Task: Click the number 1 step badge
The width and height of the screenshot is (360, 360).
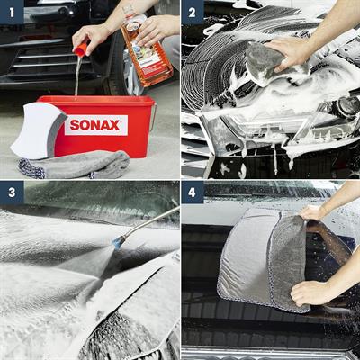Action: (x=12, y=12)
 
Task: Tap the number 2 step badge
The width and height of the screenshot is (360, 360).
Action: (x=193, y=12)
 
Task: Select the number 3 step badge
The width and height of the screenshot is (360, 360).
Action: (x=12, y=193)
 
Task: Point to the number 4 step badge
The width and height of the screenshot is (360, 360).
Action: (x=193, y=193)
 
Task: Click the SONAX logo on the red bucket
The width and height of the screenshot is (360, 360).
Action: (x=95, y=125)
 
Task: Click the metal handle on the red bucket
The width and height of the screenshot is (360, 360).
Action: (x=152, y=117)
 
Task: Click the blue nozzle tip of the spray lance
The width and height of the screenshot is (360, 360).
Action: (x=117, y=242)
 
